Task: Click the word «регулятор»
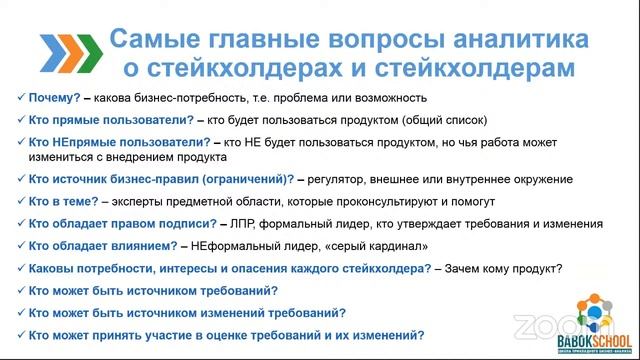[x=346, y=179]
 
